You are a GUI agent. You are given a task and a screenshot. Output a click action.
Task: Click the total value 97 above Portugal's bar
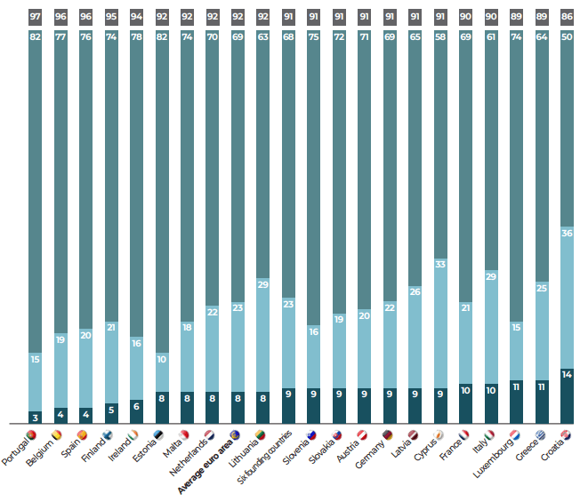(x=35, y=17)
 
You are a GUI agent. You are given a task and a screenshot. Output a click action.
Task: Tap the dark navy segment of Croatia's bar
(x=566, y=396)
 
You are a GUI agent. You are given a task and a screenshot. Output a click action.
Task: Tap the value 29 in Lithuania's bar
(x=262, y=284)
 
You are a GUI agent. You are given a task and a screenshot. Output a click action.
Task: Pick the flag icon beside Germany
(x=387, y=434)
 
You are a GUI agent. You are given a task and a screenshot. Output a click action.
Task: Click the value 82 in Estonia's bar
(x=162, y=38)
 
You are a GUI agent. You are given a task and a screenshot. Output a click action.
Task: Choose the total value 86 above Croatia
(x=566, y=17)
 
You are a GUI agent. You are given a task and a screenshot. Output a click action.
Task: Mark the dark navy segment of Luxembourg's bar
(x=515, y=402)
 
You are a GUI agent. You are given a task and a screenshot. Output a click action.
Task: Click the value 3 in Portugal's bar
(x=35, y=417)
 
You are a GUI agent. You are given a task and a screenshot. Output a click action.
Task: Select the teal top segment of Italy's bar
(x=490, y=151)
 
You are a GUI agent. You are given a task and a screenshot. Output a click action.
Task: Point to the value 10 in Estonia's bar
(x=162, y=359)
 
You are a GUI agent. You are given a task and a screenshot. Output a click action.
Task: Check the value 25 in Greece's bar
(x=541, y=287)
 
